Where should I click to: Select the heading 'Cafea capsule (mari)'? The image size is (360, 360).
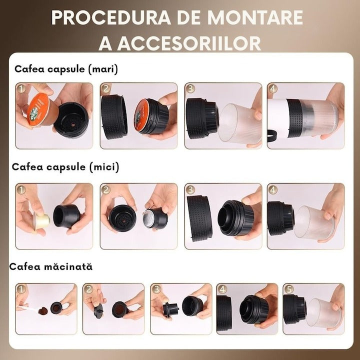[x=66, y=69]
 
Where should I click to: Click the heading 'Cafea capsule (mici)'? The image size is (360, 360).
[x=67, y=167]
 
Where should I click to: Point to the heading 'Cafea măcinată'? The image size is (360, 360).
[x=51, y=266]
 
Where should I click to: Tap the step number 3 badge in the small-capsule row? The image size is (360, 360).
[x=190, y=190]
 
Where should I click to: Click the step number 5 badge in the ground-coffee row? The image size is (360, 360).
[x=287, y=289]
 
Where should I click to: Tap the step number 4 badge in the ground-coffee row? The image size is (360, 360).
[x=221, y=289]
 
